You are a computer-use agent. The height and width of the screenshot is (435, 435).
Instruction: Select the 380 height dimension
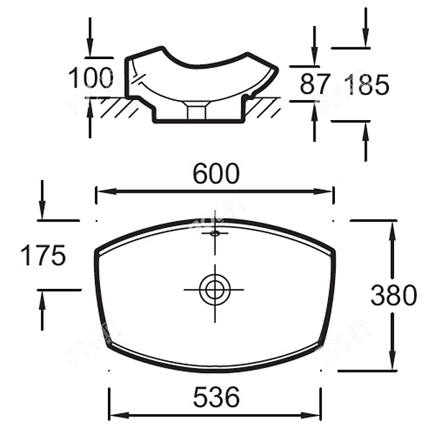click(393, 295)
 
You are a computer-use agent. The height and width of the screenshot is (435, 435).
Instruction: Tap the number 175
click(43, 256)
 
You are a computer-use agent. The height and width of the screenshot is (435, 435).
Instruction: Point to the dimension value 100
click(91, 79)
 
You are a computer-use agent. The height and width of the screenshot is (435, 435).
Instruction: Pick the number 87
click(316, 84)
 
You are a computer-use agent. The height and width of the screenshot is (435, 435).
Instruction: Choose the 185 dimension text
click(367, 84)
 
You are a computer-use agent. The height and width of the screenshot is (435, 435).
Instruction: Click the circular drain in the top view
click(214, 288)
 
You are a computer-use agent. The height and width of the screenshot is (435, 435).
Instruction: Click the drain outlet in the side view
click(196, 110)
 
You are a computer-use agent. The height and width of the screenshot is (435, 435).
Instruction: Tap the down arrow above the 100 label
click(90, 49)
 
